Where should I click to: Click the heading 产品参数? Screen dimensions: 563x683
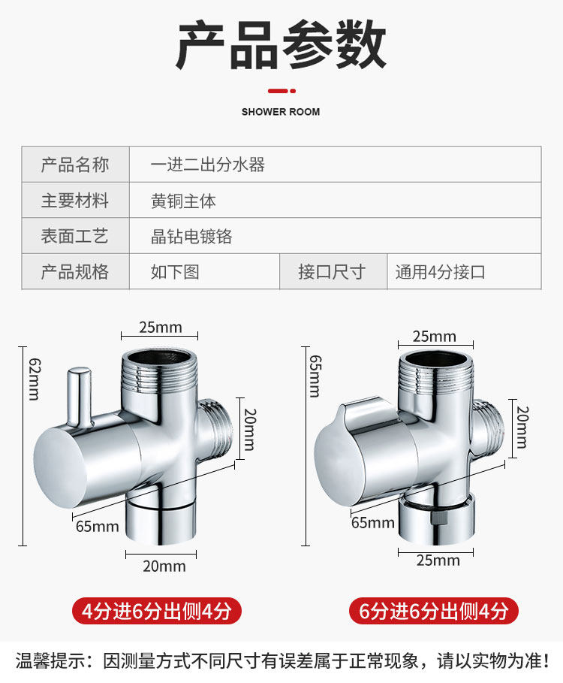click(x=281, y=46)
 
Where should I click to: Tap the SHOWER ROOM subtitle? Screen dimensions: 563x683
click(x=281, y=112)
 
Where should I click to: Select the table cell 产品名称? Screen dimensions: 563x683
click(x=75, y=165)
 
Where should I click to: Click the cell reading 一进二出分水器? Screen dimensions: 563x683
click(x=208, y=165)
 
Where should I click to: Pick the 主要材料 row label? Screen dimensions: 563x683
click(x=75, y=201)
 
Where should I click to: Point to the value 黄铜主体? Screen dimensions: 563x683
click(x=183, y=201)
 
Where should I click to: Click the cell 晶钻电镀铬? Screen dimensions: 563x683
click(x=191, y=237)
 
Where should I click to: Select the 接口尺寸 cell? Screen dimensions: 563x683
click(x=331, y=271)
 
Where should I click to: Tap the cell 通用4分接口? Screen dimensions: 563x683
click(x=441, y=272)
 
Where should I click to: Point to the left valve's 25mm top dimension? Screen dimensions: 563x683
click(x=161, y=328)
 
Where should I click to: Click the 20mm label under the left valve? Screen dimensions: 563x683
click(x=164, y=566)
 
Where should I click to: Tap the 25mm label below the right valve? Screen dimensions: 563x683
click(x=438, y=560)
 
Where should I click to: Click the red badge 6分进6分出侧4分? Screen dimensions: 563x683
click(x=433, y=611)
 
